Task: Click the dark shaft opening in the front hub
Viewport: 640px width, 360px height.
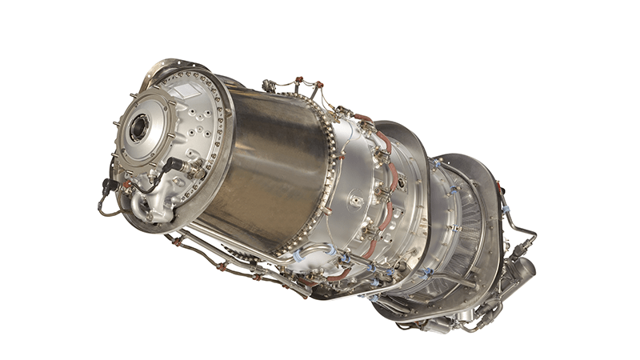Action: [x=138, y=128]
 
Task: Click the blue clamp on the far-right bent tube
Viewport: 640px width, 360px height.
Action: [x=506, y=210]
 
